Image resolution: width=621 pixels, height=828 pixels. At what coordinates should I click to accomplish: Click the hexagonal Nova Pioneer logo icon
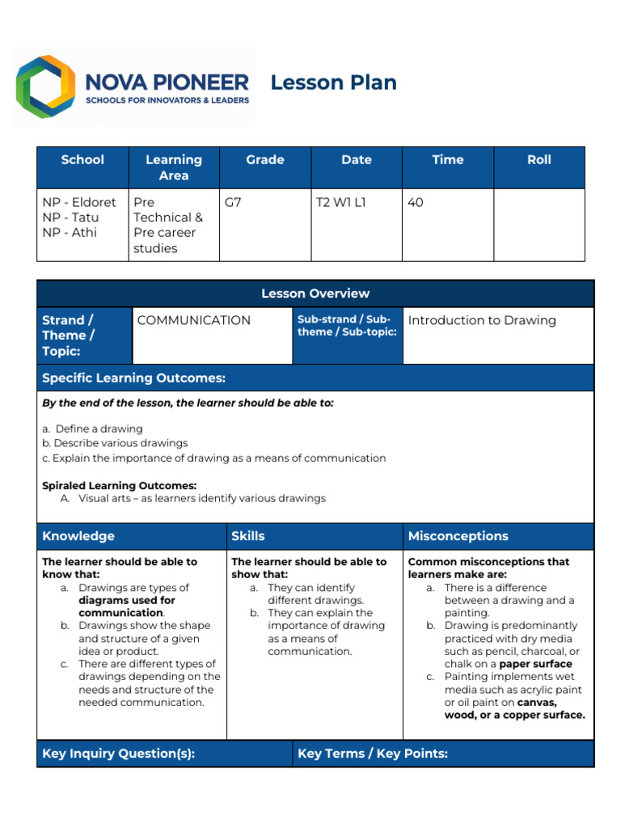click(47, 87)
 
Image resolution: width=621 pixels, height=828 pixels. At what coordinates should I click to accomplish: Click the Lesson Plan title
click(333, 82)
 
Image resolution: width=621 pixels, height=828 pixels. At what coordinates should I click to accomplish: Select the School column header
click(82, 160)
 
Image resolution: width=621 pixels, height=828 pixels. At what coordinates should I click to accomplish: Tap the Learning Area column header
click(173, 167)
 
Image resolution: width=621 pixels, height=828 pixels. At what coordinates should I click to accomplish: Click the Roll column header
click(539, 160)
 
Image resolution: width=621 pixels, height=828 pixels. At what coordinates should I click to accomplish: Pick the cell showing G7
click(233, 203)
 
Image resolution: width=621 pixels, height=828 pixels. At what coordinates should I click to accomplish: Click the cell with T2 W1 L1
click(340, 203)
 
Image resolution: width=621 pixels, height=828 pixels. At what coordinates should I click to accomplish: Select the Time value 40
click(416, 203)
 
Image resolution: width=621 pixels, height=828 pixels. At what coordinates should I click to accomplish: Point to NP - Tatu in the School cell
click(70, 218)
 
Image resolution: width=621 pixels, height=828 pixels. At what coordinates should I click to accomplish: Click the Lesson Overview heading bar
click(315, 294)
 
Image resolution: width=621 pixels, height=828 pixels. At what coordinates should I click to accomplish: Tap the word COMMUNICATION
click(194, 320)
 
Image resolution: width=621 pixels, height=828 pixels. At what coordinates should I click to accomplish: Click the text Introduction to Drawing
click(482, 320)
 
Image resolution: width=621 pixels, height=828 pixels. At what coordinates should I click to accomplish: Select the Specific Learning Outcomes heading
click(133, 378)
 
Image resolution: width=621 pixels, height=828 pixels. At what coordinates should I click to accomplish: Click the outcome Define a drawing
click(98, 429)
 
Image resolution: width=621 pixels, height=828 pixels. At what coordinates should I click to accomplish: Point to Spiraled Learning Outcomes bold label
click(119, 485)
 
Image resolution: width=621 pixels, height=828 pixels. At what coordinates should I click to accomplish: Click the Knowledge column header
click(78, 536)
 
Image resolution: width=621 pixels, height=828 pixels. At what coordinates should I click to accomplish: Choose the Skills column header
click(248, 536)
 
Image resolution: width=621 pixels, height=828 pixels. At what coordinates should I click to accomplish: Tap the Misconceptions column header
click(458, 536)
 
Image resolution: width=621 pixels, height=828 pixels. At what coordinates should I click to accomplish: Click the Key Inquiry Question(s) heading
click(118, 754)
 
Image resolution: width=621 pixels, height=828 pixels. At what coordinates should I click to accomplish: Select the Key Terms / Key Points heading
click(373, 754)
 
